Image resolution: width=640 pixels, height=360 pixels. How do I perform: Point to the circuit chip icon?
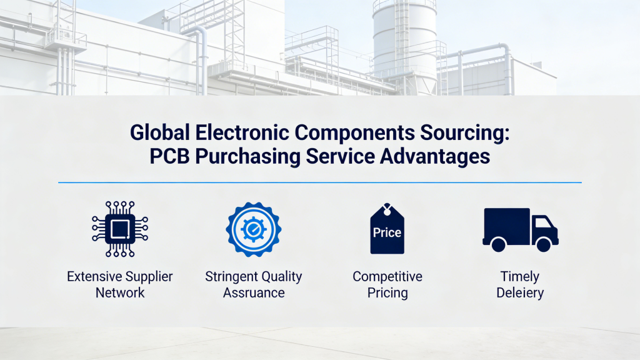coord(120,229)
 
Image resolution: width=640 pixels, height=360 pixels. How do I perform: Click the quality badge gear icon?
coord(253,229)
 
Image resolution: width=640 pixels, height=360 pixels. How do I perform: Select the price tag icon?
coord(387,229)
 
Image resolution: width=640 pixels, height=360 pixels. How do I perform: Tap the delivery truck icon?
coord(520,229)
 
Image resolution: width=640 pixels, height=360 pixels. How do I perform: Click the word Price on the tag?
coord(387,232)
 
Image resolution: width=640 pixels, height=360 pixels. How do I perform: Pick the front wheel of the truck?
coord(543,244)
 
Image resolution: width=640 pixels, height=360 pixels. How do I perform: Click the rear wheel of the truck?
coord(498,244)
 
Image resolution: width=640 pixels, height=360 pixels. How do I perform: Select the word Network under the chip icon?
coord(120,292)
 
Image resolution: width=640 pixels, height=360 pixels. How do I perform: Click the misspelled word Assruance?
coord(254,292)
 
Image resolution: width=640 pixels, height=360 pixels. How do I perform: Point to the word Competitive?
coord(387,276)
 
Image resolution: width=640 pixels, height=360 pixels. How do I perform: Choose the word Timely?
coord(520,276)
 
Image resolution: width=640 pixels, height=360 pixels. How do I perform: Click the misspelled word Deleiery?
coord(520,292)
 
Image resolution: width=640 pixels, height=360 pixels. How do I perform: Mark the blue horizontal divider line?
coord(320,182)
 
